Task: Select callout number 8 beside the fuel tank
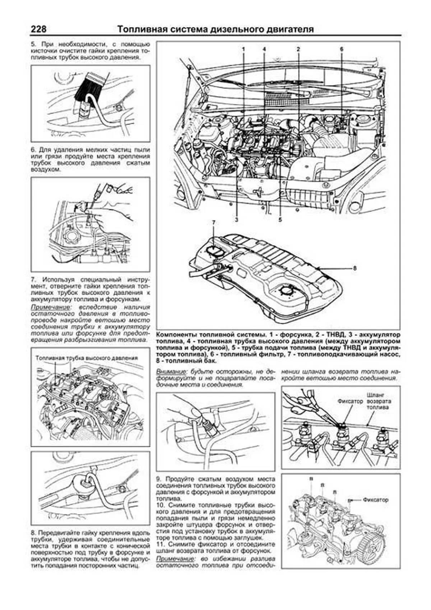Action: tap(355, 268)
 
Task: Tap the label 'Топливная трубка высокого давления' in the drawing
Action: tap(87, 358)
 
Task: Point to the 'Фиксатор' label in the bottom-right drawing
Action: tap(375, 500)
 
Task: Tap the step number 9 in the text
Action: tap(158, 480)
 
